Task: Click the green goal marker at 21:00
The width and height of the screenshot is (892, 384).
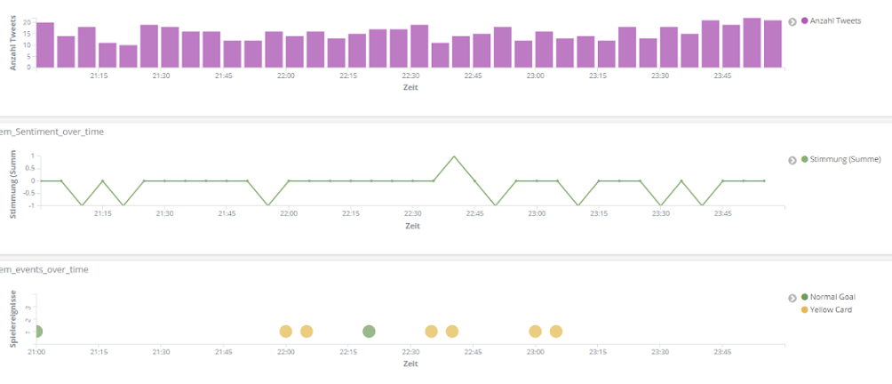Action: [36, 332]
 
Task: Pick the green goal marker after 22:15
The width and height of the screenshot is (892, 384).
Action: [369, 332]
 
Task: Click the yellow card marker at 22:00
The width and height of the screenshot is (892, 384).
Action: [286, 332]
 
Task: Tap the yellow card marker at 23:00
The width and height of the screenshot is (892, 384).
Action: [535, 332]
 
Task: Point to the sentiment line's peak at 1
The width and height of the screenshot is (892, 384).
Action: [454, 156]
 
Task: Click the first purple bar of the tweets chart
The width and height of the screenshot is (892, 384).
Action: [45, 44]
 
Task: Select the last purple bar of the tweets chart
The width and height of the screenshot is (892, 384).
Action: [773, 44]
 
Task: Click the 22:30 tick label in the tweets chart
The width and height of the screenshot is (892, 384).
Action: [410, 76]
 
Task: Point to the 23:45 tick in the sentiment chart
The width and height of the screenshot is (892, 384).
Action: [722, 214]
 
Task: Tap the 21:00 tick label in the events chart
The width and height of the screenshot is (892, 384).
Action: [36, 352]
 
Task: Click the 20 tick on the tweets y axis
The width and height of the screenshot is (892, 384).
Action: [28, 22]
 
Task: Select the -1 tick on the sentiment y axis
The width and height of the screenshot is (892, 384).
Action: [31, 205]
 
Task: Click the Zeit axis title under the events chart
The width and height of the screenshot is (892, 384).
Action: [410, 364]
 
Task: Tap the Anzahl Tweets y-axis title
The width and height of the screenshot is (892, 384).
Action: [13, 42]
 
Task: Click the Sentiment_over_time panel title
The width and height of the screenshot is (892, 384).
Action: [52, 132]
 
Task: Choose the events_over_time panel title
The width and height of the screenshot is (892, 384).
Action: [44, 269]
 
